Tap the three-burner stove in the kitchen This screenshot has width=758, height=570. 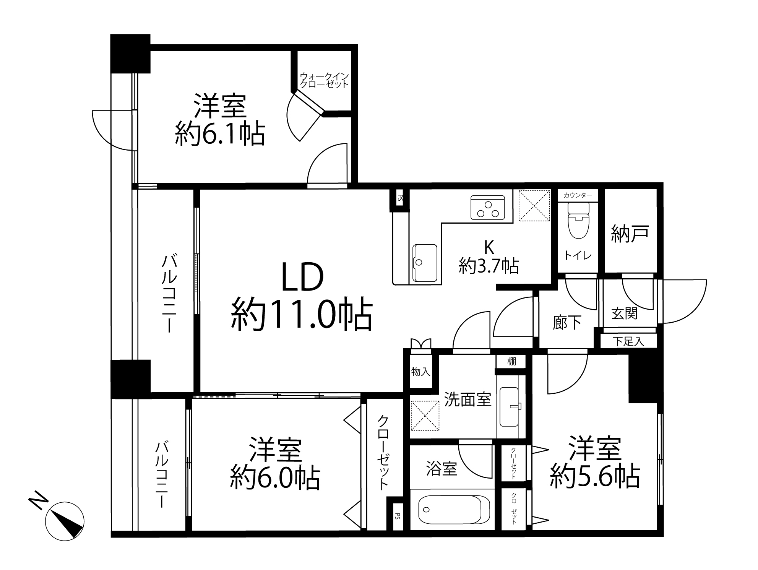487,208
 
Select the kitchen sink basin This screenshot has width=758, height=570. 425,263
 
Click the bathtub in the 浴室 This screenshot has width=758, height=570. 454,510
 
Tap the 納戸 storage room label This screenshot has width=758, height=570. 630,234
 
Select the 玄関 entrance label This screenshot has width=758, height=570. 624,313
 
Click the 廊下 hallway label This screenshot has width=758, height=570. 567,323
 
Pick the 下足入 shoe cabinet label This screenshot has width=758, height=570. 628,341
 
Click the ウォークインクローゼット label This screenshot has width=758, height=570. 324,80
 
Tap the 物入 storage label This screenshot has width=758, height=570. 420,371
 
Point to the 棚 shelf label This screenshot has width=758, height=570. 511,361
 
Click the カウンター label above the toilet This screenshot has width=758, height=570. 578,195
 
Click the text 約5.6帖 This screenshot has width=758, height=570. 595,476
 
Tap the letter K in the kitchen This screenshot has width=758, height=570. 489,248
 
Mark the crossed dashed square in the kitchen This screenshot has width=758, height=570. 534,205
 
